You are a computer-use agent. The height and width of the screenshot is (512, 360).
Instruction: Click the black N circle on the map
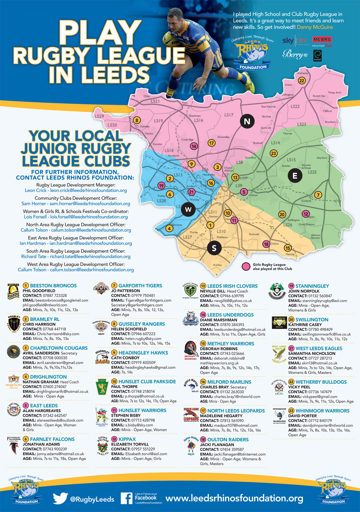(x=247, y=122)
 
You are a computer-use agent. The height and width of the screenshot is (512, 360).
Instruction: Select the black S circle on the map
(x=214, y=248)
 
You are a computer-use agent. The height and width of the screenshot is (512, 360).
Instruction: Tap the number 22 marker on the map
(x=301, y=81)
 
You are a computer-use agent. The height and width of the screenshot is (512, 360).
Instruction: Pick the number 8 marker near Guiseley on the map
(x=137, y=120)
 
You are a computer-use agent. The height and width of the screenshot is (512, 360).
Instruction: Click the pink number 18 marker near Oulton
(x=266, y=244)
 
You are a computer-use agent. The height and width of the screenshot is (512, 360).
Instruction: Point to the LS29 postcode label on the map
(x=99, y=116)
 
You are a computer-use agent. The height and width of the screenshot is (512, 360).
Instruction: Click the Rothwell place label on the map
(x=254, y=234)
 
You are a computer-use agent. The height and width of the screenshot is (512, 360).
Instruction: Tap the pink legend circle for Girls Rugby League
(x=246, y=267)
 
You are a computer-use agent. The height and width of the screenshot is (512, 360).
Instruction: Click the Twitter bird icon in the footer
(x=60, y=499)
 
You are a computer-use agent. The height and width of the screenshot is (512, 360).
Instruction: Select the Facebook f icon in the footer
(x=127, y=499)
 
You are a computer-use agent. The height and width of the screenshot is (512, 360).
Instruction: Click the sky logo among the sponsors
(x=288, y=41)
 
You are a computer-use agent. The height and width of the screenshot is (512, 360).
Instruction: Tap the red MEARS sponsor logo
(x=322, y=40)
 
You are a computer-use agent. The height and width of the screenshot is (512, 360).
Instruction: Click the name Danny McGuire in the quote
(x=315, y=27)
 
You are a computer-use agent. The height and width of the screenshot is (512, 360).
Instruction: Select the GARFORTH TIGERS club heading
(x=140, y=285)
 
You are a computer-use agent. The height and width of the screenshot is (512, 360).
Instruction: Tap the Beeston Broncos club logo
(x=13, y=291)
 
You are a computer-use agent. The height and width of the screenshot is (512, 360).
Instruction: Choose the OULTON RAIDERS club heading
(x=228, y=439)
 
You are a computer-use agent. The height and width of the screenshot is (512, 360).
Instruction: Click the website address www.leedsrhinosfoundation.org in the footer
(x=234, y=498)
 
